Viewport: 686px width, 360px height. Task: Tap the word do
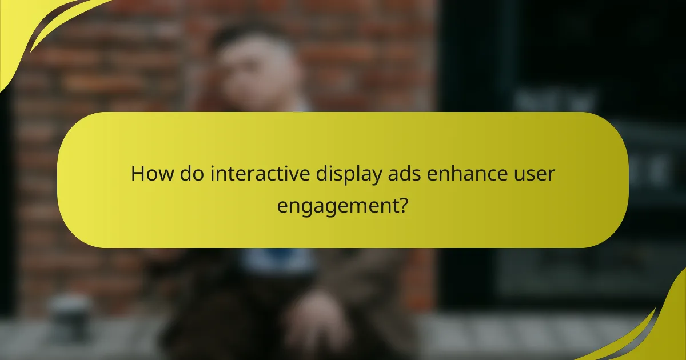(x=189, y=174)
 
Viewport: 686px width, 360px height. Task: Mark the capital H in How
(x=137, y=174)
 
